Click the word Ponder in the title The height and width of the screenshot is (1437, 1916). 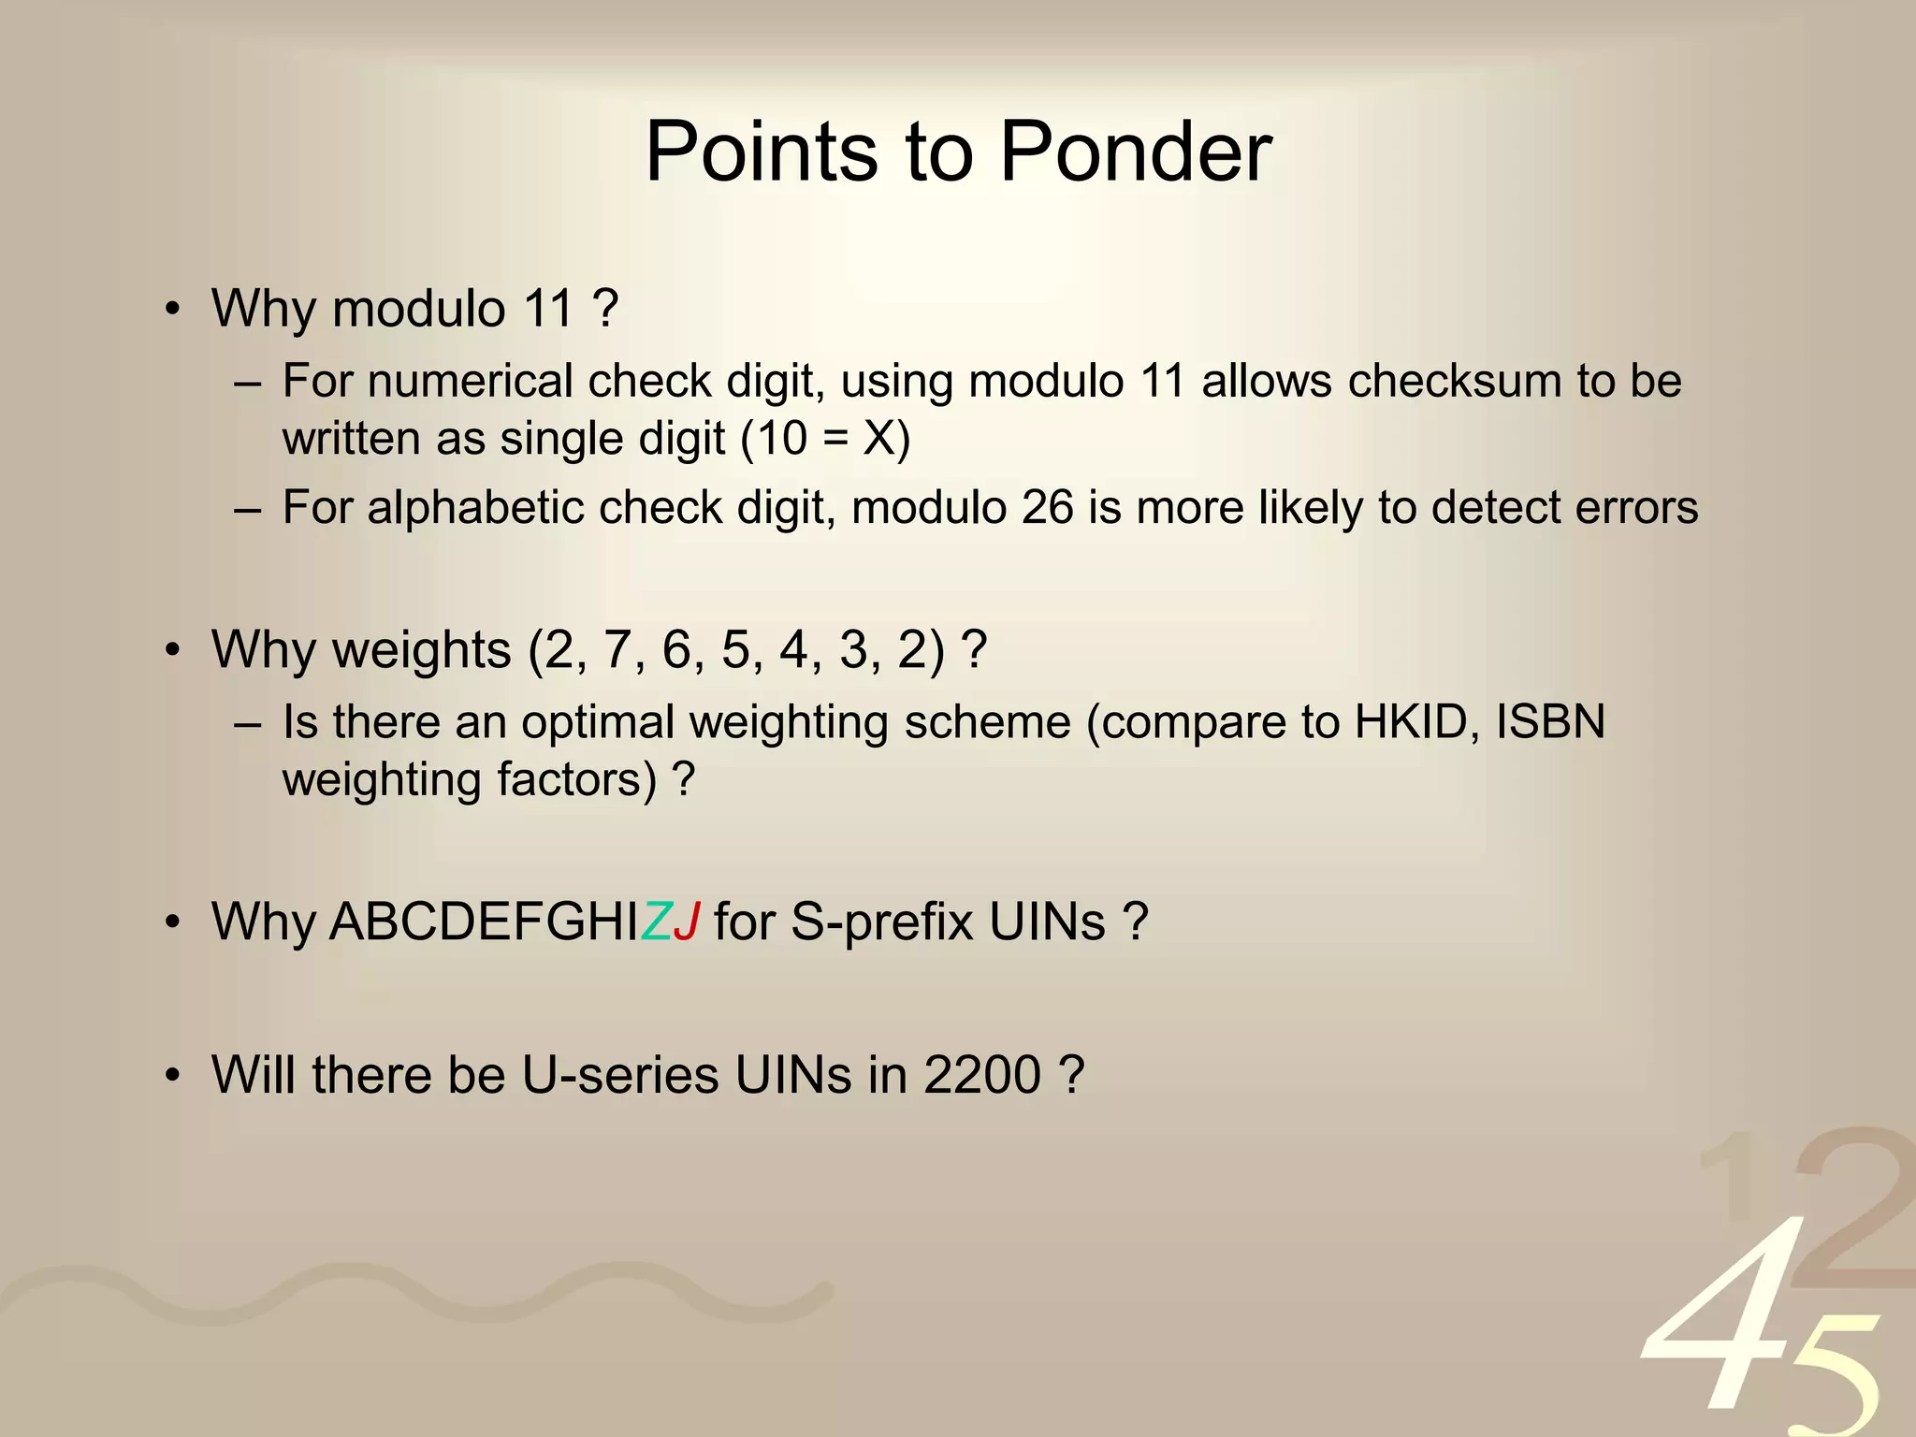(x=1135, y=152)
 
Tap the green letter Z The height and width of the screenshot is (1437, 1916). (x=657, y=922)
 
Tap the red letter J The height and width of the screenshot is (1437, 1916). (x=687, y=922)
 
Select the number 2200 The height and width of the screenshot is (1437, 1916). (x=982, y=1074)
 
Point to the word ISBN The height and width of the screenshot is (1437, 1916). (x=1550, y=722)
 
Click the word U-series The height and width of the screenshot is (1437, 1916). (x=620, y=1074)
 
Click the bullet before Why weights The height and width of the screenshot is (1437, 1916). (x=172, y=650)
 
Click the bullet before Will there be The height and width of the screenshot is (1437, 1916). (x=172, y=1076)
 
